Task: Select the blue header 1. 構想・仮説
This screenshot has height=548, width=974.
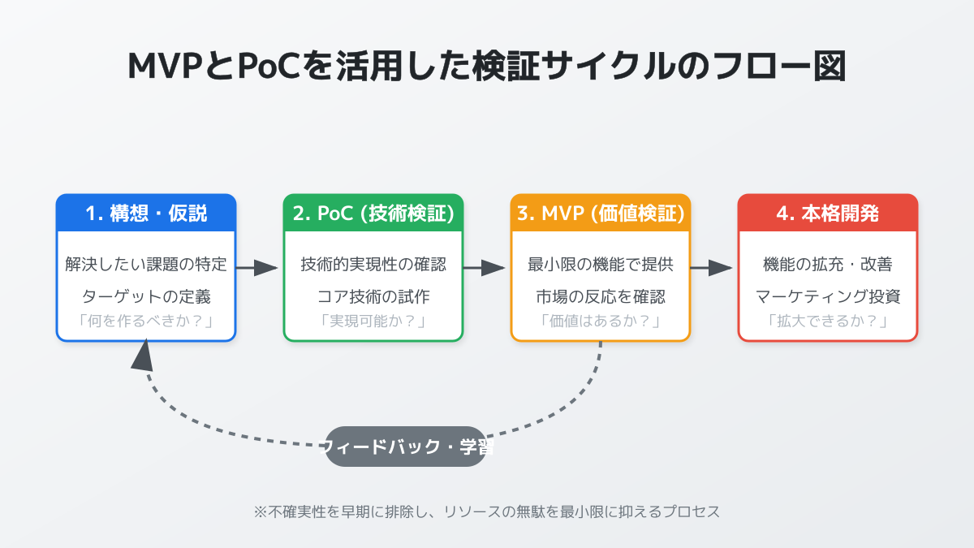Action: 146,214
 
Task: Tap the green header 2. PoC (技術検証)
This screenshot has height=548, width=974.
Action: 373,214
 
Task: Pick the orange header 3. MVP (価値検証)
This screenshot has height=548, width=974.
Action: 601,214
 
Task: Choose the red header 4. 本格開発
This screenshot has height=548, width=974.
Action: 828,214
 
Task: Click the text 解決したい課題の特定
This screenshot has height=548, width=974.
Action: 146,265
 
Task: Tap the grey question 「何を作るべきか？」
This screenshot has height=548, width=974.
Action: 146,321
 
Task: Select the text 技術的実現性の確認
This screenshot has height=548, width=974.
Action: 373,265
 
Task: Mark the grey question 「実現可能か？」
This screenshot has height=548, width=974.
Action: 373,321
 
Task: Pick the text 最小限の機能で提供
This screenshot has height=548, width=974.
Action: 601,265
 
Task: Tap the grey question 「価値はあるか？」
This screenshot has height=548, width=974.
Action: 601,321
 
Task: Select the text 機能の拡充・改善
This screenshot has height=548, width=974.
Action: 828,265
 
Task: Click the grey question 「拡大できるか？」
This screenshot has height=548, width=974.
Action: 828,321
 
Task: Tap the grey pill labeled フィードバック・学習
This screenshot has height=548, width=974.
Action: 406,447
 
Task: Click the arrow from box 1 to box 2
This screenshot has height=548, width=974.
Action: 258,268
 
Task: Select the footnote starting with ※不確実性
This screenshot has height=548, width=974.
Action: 487,511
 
